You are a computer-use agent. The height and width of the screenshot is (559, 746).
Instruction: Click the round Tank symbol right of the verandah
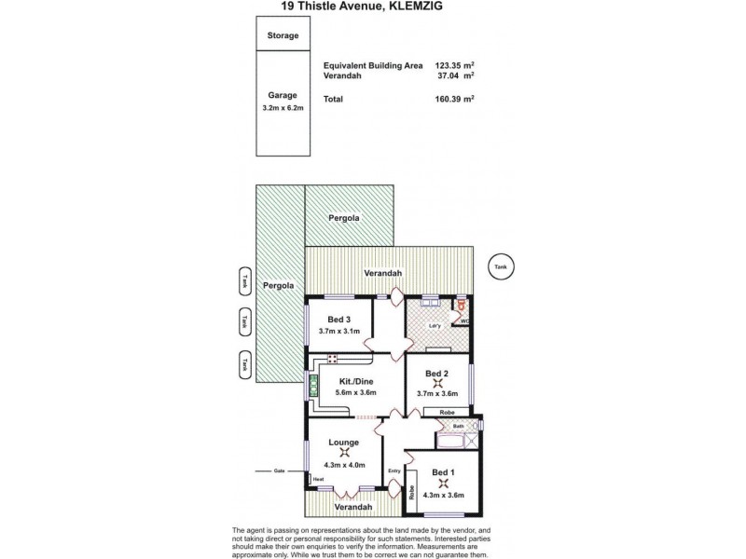(503, 266)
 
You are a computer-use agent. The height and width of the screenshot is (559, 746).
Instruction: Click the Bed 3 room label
(338, 320)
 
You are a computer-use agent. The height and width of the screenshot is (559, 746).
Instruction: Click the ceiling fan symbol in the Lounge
(344, 453)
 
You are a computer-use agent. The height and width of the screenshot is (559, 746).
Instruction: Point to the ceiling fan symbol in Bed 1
(444, 483)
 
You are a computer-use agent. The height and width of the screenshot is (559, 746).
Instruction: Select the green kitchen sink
(312, 386)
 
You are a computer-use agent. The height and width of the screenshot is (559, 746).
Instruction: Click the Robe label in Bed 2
(447, 411)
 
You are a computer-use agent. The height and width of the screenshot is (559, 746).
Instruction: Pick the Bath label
(458, 428)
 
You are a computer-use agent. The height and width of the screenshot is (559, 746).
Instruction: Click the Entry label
(394, 471)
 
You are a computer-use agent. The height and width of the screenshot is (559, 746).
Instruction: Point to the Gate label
(278, 471)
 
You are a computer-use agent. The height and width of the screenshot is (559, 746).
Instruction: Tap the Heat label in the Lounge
(318, 479)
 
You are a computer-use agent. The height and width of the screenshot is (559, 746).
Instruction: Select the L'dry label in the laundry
(434, 325)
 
